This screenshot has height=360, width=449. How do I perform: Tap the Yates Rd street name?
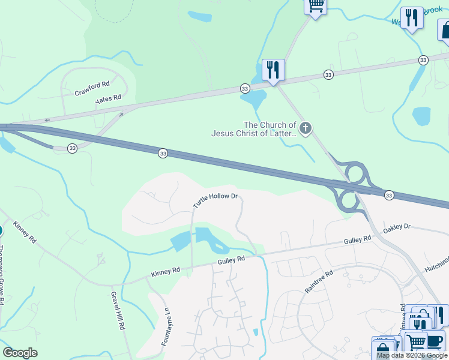point(109,99)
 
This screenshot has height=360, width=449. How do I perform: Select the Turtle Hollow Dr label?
point(215,200)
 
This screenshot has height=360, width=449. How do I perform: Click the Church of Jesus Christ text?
point(254,129)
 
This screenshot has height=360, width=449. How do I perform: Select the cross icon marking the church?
point(306,128)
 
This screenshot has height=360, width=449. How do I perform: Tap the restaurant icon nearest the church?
point(273,70)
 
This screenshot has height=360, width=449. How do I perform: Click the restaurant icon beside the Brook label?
point(411,18)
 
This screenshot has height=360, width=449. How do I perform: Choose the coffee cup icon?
point(433,340)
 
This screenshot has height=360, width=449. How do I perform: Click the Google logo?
point(20,353)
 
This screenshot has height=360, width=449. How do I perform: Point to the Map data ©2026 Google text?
point(412,355)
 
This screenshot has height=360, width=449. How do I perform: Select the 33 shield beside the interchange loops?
point(389,195)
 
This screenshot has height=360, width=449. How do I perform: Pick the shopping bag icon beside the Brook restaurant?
point(444,30)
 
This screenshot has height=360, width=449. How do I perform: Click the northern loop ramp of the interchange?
point(354,173)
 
